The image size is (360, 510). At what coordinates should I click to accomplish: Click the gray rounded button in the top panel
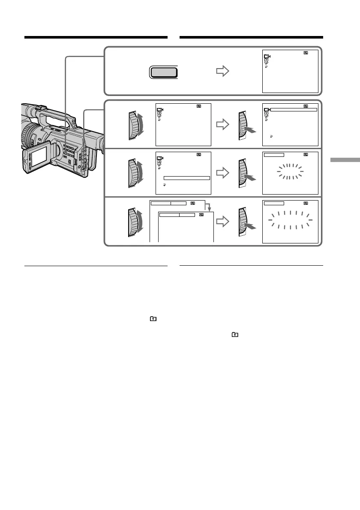(x=163, y=72)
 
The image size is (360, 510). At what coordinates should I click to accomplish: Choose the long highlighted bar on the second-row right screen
(x=294, y=110)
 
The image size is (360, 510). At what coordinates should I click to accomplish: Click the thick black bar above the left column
(x=96, y=38)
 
